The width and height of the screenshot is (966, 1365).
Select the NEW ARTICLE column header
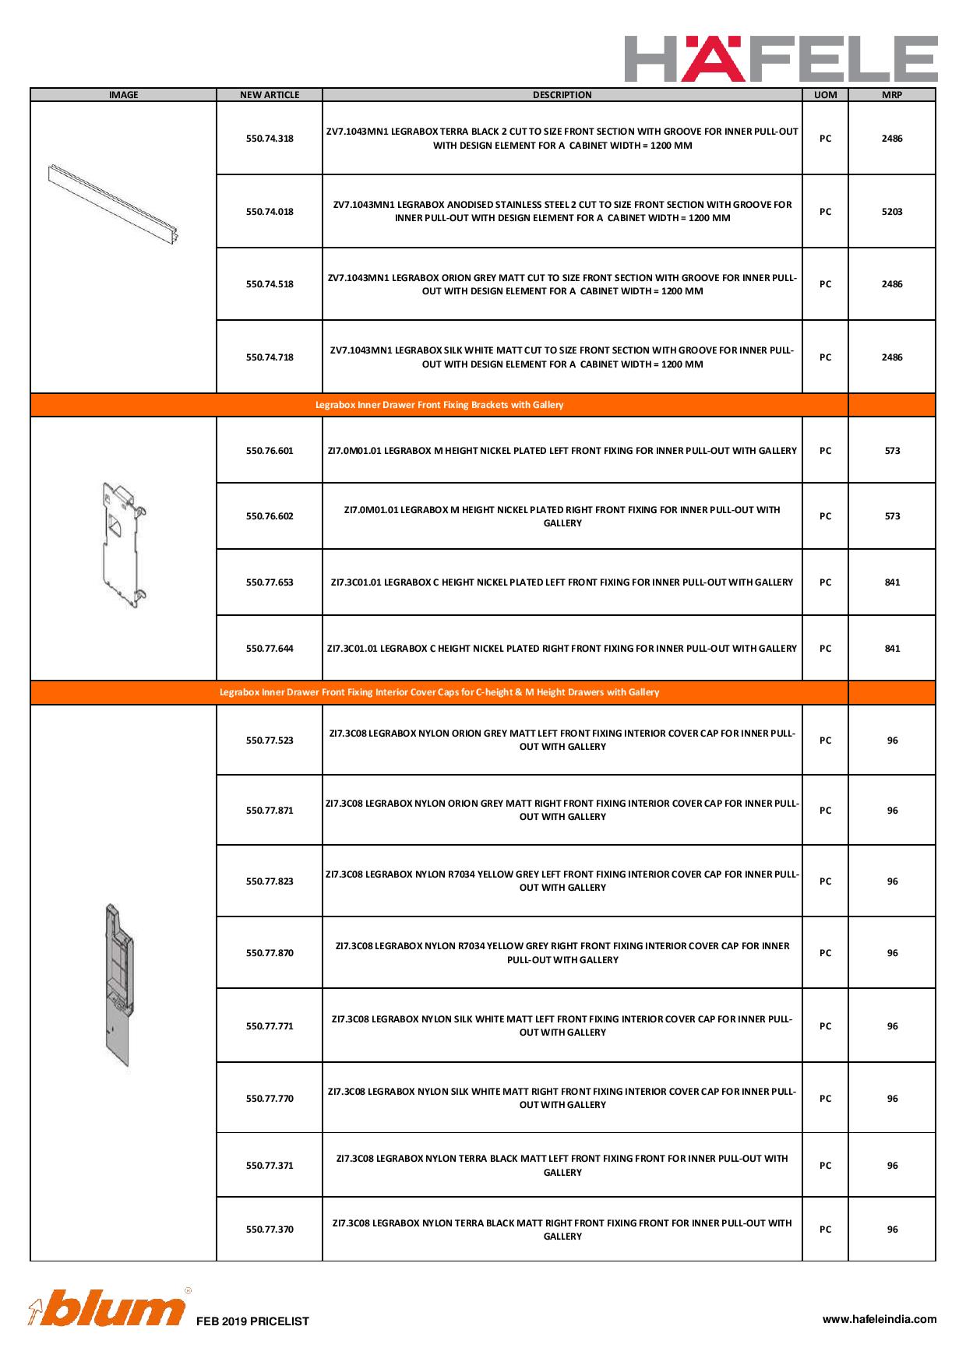270,95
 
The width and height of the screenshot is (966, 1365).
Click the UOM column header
825,95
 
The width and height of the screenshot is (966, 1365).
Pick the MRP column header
892,95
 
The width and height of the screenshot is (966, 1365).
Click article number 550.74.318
270,139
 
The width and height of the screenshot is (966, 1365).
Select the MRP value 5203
892,212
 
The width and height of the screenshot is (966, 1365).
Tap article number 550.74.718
270,357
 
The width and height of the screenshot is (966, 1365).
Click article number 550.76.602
270,516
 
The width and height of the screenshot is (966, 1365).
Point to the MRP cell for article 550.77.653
892,582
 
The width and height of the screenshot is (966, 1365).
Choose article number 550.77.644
270,649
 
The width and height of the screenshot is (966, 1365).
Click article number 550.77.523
270,741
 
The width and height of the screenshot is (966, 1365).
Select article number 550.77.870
270,953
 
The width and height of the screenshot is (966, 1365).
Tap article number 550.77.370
270,1230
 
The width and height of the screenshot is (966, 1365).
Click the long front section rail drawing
114,202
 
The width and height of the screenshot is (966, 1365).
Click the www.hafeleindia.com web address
880,1319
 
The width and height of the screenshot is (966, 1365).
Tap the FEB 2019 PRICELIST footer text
252,1321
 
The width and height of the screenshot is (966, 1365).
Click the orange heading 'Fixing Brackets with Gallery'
439,405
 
